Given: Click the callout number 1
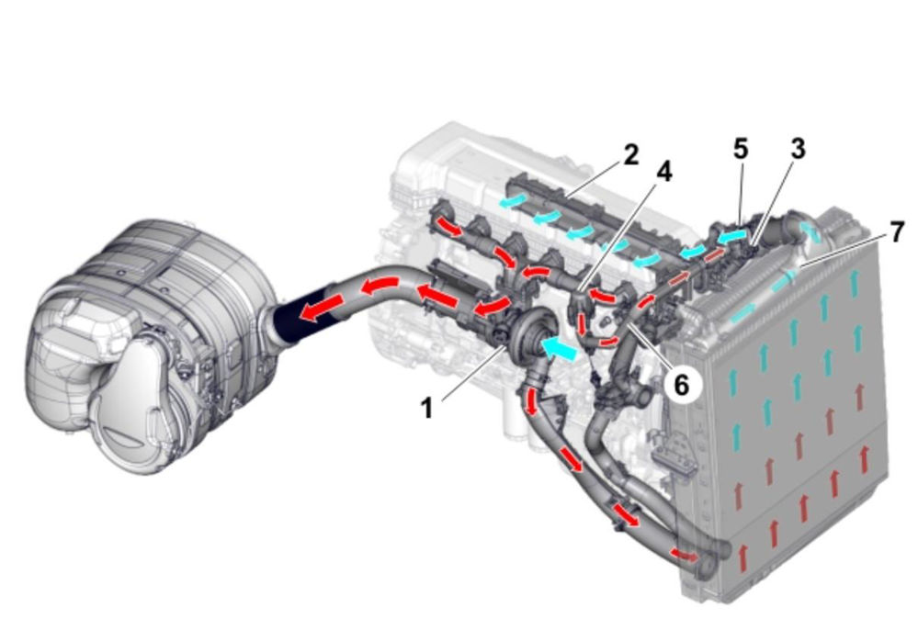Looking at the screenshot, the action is coord(426,408).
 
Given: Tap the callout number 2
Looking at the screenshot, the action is coord(630,155).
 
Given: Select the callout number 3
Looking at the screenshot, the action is coord(798,149).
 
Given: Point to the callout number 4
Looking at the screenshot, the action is coord(663,172).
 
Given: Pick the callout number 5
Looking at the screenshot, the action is coord(741,149).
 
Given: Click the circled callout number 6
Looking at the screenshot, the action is coord(681,385).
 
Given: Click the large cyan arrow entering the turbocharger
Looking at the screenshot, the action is coord(558,348).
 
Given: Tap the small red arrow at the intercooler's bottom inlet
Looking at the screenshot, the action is coord(684,554).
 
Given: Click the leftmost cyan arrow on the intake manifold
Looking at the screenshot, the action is coord(509,201).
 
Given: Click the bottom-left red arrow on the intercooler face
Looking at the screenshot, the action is coord(743,558).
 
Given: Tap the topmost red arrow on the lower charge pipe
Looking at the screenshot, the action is coord(532,402).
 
